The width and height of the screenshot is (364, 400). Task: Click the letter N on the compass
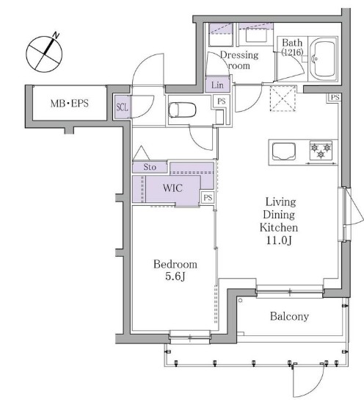tap(56, 35)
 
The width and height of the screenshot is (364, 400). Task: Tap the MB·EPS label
tap(70, 104)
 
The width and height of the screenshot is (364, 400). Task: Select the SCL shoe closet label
tap(122, 107)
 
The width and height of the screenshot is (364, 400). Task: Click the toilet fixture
tap(182, 110)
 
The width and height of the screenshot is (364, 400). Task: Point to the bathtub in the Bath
tap(323, 59)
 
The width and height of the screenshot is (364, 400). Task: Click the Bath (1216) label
tap(292, 47)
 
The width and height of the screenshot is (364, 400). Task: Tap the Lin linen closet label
tap(217, 85)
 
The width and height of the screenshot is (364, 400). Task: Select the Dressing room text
tap(239, 60)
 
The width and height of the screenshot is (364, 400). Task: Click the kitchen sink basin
tap(284, 151)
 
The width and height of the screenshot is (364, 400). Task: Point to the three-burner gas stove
tap(321, 150)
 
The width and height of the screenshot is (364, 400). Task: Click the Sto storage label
tap(150, 167)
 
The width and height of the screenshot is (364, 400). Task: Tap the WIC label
tap(172, 188)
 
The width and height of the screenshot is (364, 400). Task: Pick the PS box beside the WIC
tap(208, 198)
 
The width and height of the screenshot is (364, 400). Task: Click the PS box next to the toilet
tap(222, 101)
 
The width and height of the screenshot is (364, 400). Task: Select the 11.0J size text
tap(279, 240)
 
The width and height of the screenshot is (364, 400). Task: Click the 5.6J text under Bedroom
tap(175, 276)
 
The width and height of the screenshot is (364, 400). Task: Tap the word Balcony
tap(289, 316)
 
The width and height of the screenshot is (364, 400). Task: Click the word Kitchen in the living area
tap(279, 227)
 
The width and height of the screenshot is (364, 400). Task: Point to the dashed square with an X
tap(283, 99)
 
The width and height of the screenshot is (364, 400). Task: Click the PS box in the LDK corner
tap(335, 98)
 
